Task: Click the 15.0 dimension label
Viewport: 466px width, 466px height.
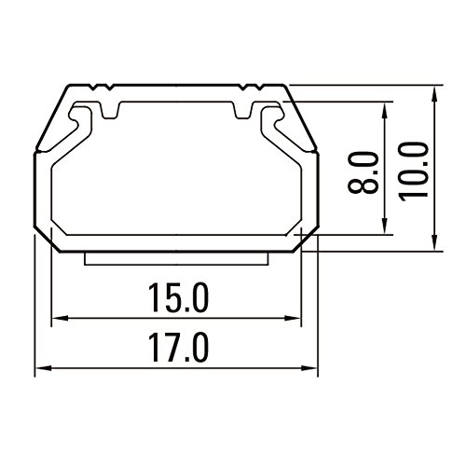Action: pos(178,297)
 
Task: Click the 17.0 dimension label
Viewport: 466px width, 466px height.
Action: pos(178,348)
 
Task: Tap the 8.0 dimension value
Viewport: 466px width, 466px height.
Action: pos(363,173)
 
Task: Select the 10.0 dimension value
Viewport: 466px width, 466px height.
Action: pos(413,171)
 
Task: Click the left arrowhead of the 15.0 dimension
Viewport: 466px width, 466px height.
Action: pos(60,318)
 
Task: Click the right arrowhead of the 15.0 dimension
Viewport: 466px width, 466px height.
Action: pos(293,318)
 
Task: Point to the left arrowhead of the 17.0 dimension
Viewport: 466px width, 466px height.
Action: pos(43,368)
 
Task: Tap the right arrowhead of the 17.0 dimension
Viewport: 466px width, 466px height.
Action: pos(309,368)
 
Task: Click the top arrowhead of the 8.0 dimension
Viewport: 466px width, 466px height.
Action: pos(385,110)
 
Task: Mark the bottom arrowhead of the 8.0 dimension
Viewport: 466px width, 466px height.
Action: pos(385,226)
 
